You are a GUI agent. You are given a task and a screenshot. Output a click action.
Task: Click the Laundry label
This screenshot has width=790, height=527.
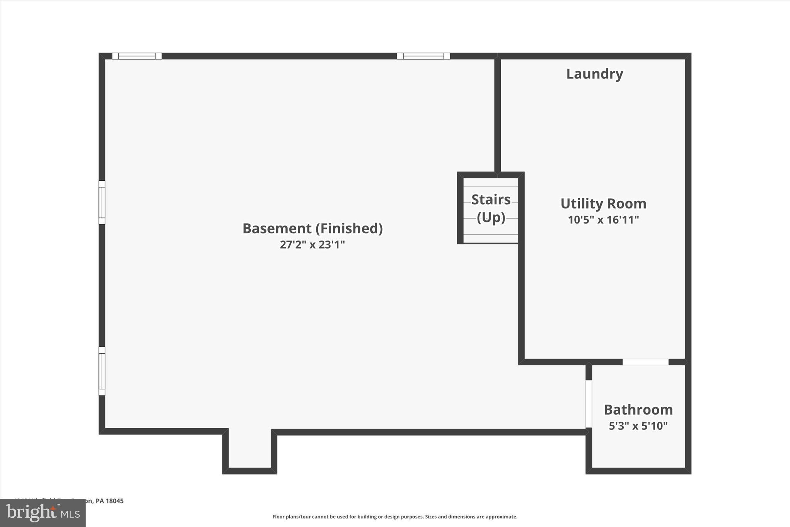point(594,74)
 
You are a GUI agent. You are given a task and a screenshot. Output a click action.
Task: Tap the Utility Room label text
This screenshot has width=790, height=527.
point(603,203)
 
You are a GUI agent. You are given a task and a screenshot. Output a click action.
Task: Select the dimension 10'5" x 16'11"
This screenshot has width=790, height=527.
point(603,220)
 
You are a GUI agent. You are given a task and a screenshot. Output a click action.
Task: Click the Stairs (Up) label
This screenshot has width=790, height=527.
point(491,208)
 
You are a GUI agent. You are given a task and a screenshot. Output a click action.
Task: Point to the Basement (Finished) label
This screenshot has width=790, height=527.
point(312,228)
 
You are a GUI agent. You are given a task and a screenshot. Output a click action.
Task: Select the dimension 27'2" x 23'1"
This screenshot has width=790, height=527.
point(312,244)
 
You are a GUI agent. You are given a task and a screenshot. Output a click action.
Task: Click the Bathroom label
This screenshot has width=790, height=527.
point(638,409)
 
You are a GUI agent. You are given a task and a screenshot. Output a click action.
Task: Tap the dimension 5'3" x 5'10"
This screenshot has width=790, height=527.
point(638,425)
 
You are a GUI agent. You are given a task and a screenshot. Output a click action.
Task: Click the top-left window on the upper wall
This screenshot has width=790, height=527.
point(137,56)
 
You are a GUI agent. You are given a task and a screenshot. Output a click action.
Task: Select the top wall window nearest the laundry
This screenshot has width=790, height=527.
point(424,56)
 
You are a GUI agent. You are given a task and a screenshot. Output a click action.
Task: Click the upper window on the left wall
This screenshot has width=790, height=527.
point(102,202)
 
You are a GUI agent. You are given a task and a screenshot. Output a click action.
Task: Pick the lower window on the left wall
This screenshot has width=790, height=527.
point(102,371)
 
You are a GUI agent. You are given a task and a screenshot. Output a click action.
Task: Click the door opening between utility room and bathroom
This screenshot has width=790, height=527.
point(645,362)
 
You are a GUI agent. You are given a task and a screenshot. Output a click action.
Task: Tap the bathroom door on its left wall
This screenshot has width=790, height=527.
point(589,403)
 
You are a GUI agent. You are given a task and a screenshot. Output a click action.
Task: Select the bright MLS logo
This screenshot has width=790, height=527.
point(43,513)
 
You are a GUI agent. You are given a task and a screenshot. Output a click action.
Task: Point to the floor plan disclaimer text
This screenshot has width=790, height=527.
point(395,517)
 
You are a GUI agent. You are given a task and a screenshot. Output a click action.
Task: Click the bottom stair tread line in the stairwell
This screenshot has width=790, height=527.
point(491,234)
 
